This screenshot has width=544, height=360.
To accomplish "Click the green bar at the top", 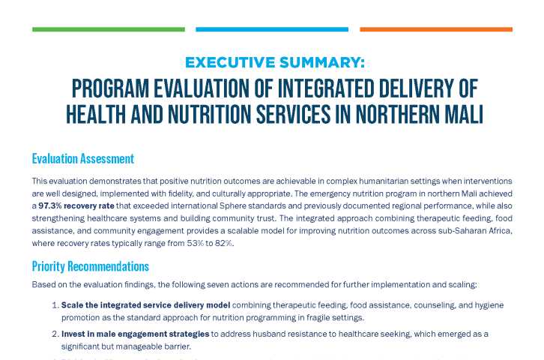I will pos(109,30).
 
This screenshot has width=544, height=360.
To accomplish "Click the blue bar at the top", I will pos(272,30).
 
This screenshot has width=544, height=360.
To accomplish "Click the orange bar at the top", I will pos(436,30).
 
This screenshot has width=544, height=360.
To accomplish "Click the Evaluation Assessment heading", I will pos(82,159).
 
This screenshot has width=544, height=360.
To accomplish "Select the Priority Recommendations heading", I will pos(90,266).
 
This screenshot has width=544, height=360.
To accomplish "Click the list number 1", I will pos(54,305).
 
